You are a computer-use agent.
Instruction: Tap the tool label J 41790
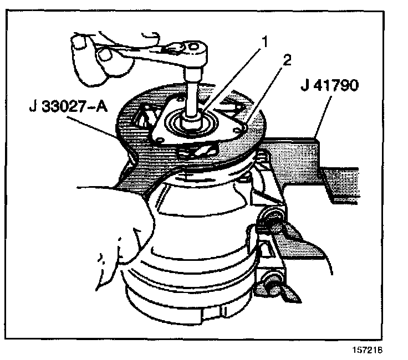coord(327,86)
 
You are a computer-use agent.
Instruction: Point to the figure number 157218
coord(368,350)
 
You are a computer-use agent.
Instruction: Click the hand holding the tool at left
coord(111,222)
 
